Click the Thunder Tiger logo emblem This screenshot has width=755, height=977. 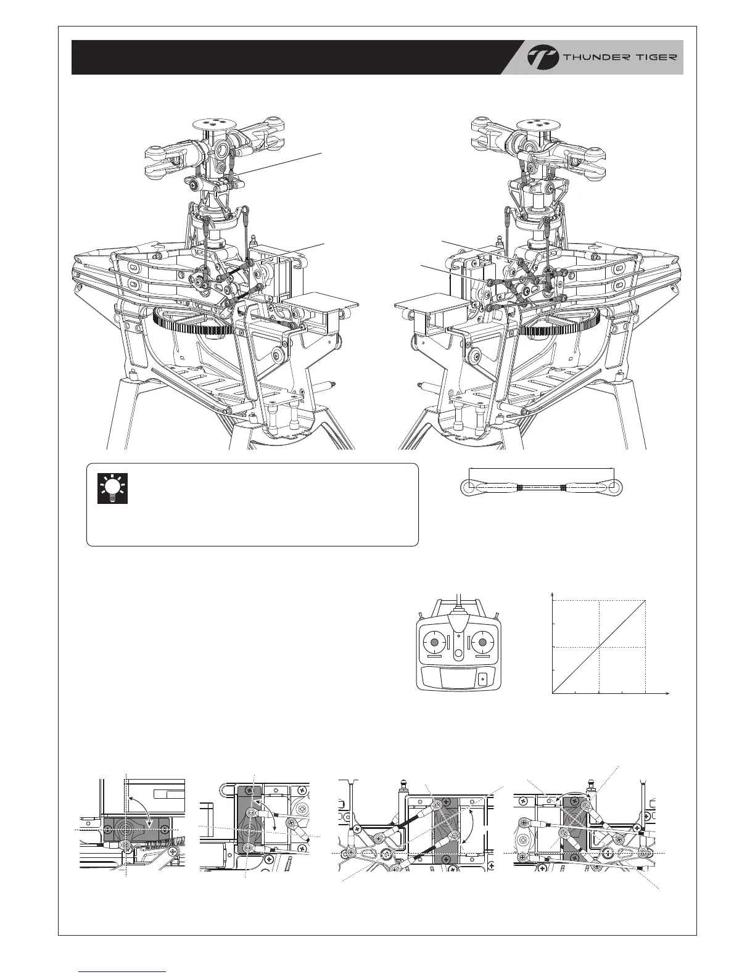pos(542,57)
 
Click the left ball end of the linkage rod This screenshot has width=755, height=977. pos(468,487)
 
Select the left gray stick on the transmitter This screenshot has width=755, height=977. pos(434,643)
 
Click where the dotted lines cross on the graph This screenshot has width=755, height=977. pos(598,647)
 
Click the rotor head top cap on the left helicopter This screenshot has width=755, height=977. pos(216,124)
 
